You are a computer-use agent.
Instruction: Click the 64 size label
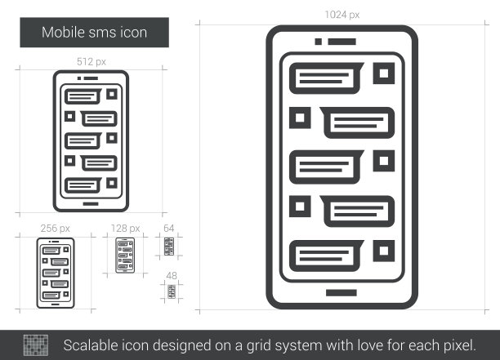point(168,228)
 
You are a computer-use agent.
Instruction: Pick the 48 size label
point(172,276)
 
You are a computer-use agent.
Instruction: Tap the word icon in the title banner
point(134,33)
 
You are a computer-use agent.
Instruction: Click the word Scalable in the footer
point(91,345)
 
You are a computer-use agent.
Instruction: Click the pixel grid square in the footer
point(36,345)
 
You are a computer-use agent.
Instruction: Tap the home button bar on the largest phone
point(342,293)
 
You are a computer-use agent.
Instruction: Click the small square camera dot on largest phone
point(319,42)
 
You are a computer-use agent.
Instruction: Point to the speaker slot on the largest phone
point(342,42)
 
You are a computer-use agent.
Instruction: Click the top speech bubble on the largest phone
point(326,78)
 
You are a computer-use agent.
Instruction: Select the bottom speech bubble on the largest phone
point(326,256)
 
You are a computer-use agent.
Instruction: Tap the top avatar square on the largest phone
point(384,73)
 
